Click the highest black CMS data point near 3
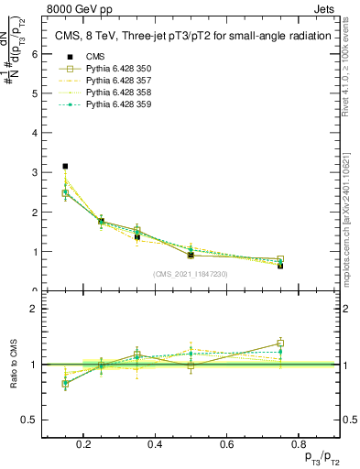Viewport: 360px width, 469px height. point(65,167)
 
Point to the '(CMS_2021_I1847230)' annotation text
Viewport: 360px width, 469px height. point(191,274)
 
